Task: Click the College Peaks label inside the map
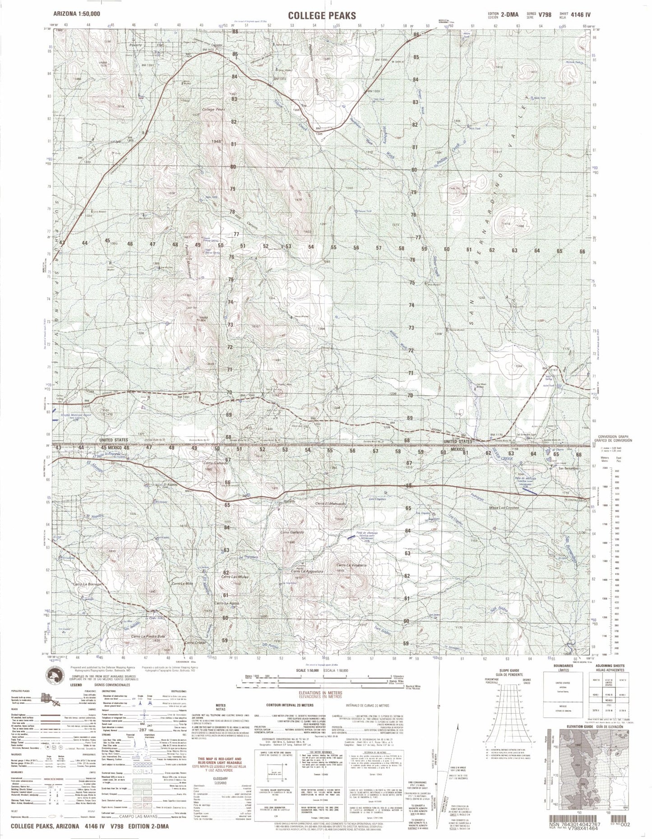pyautogui.click(x=214, y=110)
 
